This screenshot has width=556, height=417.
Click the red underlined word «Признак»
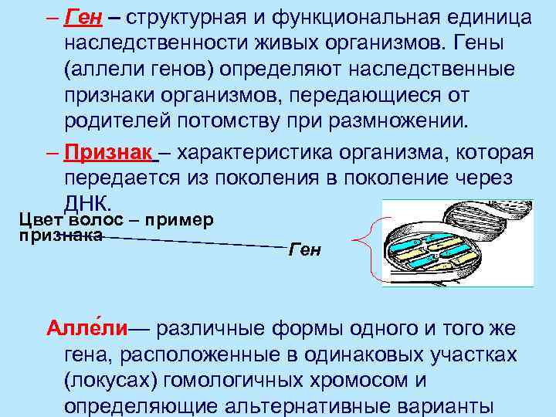107,153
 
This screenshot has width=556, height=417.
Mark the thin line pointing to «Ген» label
193,242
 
